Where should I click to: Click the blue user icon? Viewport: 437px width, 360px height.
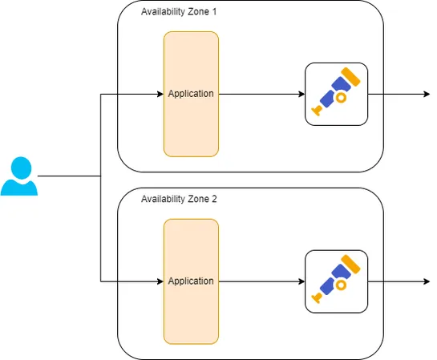19,177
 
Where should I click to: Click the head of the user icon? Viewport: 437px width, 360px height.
19,168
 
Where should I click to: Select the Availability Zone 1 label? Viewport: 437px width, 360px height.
179,12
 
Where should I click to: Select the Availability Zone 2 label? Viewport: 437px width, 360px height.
179,199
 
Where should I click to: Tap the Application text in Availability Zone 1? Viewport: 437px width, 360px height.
191,94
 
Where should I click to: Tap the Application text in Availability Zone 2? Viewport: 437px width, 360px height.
191,281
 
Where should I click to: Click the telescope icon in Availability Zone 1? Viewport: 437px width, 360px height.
336,94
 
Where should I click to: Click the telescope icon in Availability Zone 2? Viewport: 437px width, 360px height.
336,281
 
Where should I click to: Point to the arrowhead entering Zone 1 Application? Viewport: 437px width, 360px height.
159,94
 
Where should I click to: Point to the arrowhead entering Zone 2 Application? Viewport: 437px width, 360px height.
159,281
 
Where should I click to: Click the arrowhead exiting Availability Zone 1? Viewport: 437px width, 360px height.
426,94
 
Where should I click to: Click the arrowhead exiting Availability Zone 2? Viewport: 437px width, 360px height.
426,281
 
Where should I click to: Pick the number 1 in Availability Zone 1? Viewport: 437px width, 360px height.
214,12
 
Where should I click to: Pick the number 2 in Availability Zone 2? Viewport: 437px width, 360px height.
214,199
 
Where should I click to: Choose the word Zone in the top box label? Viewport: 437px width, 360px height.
199,12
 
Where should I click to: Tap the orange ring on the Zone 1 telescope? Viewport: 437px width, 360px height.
340,98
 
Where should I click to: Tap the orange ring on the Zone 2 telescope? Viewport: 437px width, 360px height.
340,285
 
